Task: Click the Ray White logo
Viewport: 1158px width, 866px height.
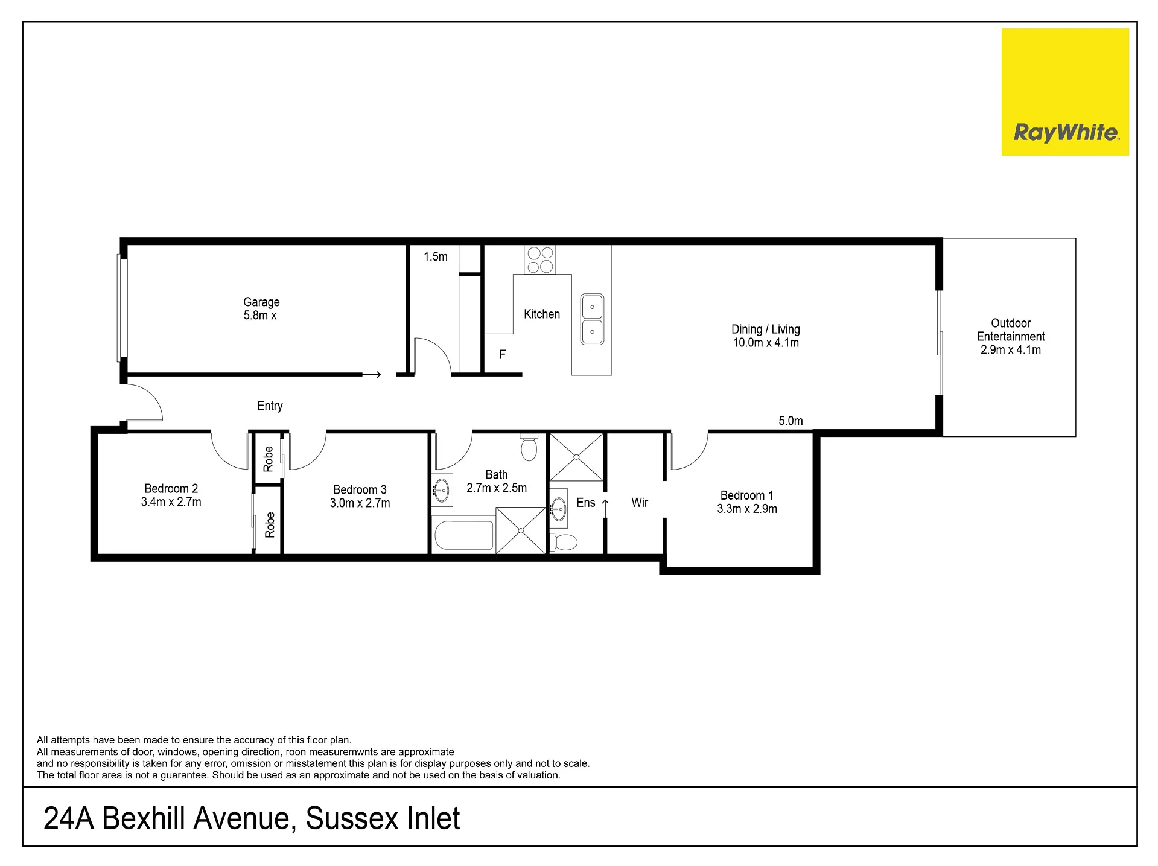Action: pos(1065,92)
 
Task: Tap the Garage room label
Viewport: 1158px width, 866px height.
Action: pos(261,302)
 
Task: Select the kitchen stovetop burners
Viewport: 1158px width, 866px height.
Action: pos(540,259)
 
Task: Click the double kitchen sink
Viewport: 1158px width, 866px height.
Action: pos(592,319)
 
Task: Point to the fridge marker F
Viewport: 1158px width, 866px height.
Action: pos(502,355)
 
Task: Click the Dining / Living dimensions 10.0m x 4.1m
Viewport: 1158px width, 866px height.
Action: pos(766,343)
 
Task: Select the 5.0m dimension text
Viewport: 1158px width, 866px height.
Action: pos(791,421)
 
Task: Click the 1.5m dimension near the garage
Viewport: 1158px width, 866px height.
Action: pos(436,256)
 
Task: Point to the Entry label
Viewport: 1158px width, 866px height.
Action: pos(270,406)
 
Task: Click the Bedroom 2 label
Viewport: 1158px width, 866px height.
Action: pos(171,488)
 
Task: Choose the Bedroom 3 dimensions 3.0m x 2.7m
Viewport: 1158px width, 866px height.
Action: pos(360,503)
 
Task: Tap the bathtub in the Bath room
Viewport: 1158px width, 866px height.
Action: pos(464,534)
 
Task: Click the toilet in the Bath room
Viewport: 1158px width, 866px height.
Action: pos(529,447)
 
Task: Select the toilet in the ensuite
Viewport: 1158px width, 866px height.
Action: pos(564,541)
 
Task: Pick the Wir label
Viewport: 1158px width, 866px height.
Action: pos(640,502)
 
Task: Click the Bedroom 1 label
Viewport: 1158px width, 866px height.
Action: pos(747,495)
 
